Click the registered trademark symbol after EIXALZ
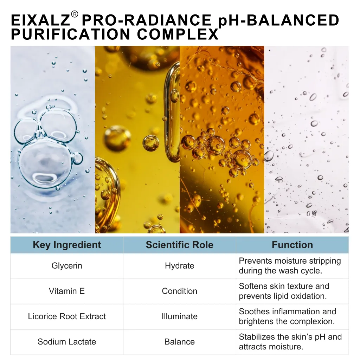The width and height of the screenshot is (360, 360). [x=75, y=14]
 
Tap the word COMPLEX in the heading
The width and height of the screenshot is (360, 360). [x=178, y=34]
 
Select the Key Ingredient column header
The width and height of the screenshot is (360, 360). [x=67, y=245]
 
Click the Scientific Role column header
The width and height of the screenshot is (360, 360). [x=180, y=245]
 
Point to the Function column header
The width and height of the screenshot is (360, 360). [x=292, y=245]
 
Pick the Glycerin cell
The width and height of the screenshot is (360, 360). [x=67, y=266]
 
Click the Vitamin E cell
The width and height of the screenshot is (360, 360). [x=67, y=291]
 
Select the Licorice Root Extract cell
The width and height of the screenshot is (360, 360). [x=67, y=316]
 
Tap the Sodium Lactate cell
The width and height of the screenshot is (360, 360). [x=67, y=342]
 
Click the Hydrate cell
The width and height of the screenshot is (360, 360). [x=180, y=266]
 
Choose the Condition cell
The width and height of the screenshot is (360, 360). [x=180, y=291]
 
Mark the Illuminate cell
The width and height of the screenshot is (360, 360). [x=180, y=316]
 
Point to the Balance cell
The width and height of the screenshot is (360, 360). [x=180, y=342]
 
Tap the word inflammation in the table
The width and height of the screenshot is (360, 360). [x=298, y=311]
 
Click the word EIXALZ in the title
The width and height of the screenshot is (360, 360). [x=40, y=20]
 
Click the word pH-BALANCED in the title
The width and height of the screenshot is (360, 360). [x=279, y=20]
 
